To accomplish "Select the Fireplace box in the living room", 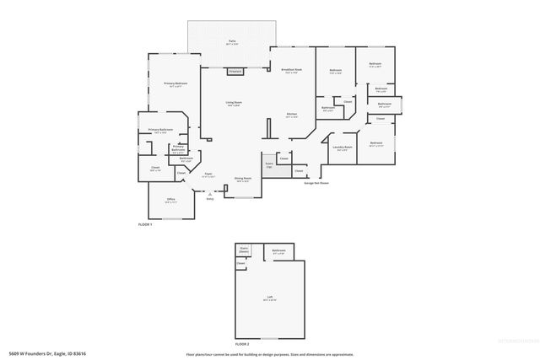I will pos(236,72).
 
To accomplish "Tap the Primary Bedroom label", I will pos(175,84).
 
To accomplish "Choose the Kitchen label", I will pos(291,115).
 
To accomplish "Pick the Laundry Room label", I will pos(343,148).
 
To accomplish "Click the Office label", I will pos(170,201).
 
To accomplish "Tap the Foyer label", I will pos(208,175).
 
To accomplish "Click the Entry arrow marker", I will pos(209,194).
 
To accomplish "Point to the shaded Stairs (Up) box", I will pos(269,165).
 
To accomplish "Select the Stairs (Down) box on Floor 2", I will pos(244,250).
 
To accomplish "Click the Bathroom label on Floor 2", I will pos(278,250).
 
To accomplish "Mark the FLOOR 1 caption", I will pos(145,225).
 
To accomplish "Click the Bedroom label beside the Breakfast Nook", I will pos(335,70).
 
